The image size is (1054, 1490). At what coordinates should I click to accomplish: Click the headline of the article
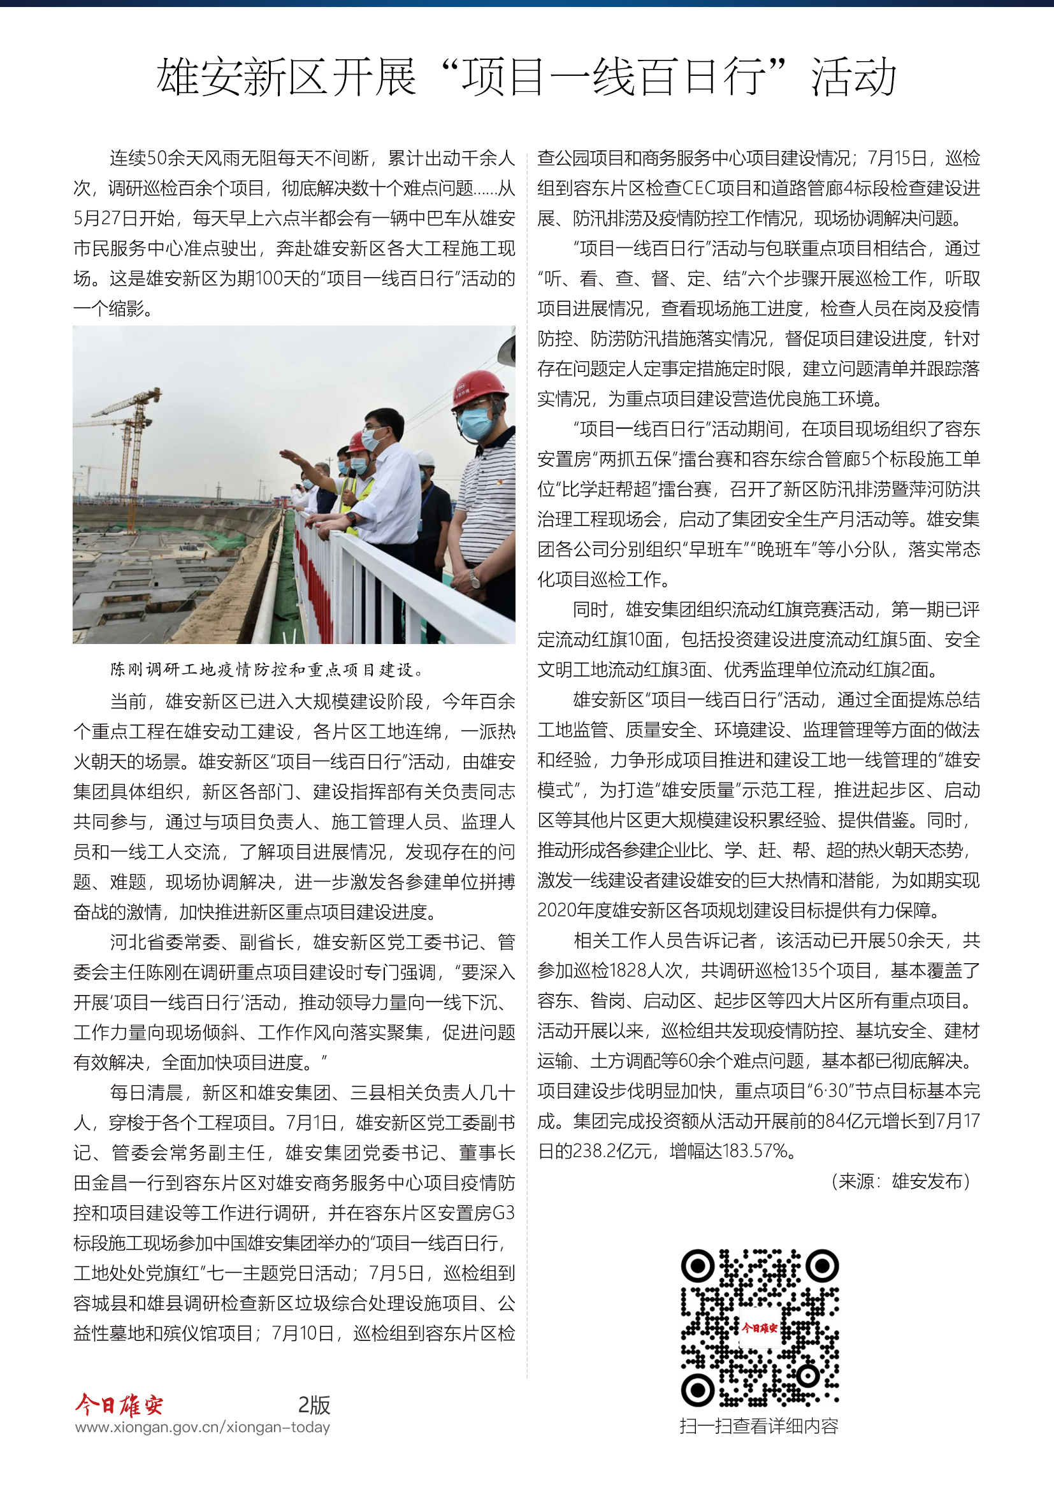[526, 76]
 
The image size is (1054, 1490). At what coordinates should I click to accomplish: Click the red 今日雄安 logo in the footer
[119, 1405]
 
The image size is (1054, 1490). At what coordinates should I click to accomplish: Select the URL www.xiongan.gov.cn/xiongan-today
[203, 1428]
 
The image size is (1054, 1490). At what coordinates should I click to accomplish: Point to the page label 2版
[314, 1405]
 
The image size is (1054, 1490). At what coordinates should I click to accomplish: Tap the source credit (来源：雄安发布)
[901, 1181]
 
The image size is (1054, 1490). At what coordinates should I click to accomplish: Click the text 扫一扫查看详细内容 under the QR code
[759, 1426]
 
